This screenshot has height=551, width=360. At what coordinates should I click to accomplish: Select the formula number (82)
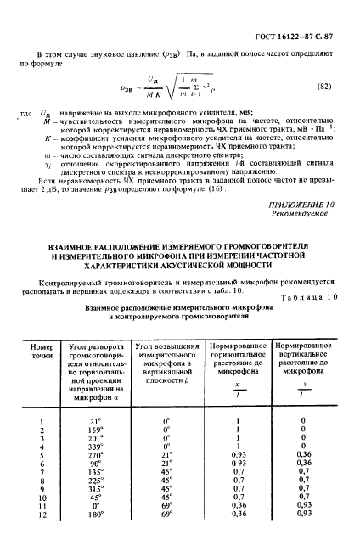coord(325,87)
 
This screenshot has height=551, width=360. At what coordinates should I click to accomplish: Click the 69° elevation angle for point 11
coord(167,531)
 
